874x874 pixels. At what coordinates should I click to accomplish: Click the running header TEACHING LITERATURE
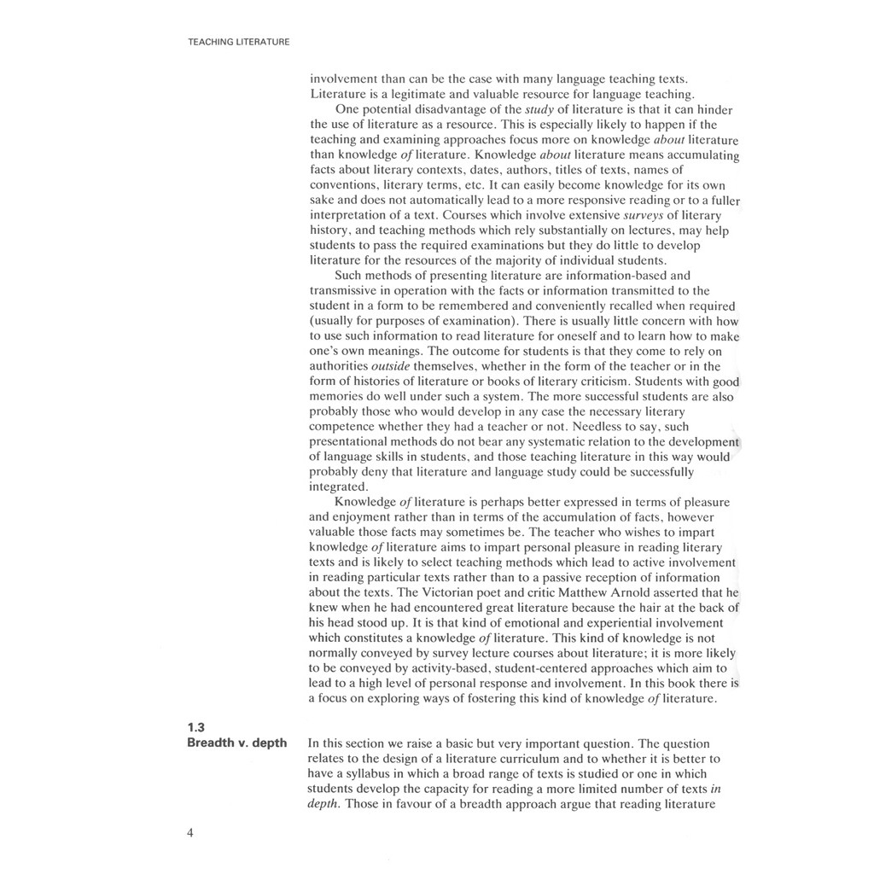pos(238,41)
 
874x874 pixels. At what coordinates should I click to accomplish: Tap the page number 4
pos(189,834)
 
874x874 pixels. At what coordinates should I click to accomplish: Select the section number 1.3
pos(196,727)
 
